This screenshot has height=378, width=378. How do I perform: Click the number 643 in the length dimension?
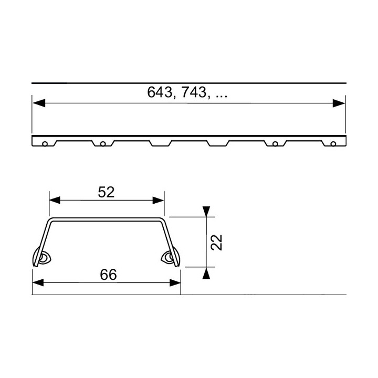[160, 93]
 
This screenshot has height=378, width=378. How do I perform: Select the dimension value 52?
[106, 192]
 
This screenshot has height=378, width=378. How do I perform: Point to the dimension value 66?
[107, 274]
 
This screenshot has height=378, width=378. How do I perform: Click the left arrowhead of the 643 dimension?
[38, 103]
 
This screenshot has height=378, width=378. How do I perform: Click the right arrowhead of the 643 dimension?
[340, 103]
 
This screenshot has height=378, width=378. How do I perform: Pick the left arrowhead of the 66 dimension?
[38, 282]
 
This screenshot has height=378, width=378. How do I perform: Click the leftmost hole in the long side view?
[46, 143]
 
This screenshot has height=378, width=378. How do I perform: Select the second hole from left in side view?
[103, 143]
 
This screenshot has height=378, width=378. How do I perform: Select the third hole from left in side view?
[275, 143]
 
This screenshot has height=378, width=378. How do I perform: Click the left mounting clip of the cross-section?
[41, 258]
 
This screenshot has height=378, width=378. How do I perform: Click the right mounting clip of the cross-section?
[171, 258]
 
